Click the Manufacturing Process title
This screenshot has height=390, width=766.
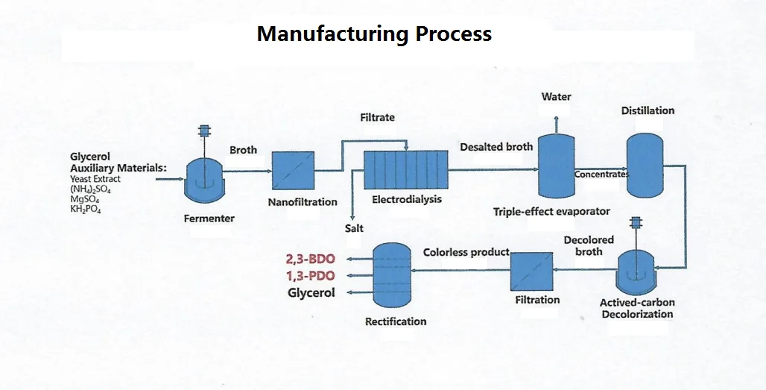click(374, 34)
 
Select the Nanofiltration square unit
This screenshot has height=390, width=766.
click(292, 172)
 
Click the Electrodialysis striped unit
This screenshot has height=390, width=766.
click(405, 170)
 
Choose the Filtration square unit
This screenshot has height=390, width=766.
click(532, 271)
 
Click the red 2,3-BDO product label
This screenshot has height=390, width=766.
click(311, 260)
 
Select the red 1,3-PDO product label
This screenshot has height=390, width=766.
click(311, 276)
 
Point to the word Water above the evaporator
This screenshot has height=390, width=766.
click(556, 97)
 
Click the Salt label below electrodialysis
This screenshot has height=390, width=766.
click(354, 228)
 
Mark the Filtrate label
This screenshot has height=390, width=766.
click(377, 117)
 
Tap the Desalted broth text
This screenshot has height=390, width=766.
click(496, 147)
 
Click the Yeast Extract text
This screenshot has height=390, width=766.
click(95, 179)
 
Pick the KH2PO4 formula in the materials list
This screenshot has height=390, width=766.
click(86, 209)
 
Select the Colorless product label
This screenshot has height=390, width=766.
click(466, 252)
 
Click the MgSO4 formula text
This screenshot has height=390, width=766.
click(84, 199)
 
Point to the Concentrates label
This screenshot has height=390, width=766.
click(601, 174)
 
